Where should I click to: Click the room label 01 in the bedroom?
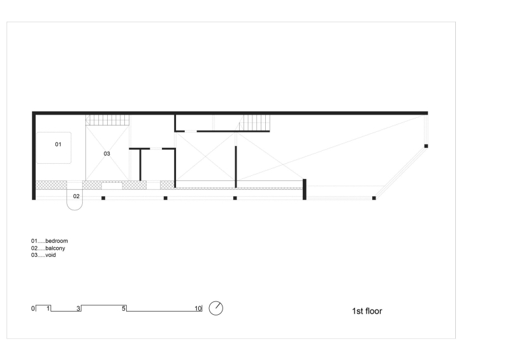click(x=57, y=145)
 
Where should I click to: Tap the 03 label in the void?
click(x=107, y=154)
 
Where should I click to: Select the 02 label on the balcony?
click(x=76, y=196)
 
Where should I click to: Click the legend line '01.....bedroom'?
click(x=49, y=241)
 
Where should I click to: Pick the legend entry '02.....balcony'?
click(x=48, y=247)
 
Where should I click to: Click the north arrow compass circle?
click(x=216, y=308)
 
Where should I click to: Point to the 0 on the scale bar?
click(x=33, y=308)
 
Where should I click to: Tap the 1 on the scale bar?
click(x=48, y=308)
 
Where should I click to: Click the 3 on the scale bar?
click(x=78, y=308)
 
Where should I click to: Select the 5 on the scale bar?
click(x=124, y=308)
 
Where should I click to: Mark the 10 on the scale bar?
click(x=198, y=308)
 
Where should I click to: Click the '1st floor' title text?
click(x=367, y=312)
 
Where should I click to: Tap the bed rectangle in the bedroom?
click(x=54, y=148)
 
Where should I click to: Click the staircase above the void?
click(x=107, y=119)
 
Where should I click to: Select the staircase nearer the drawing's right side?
click(x=255, y=121)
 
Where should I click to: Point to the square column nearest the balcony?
click(x=103, y=198)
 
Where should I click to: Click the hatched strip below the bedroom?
click(x=51, y=184)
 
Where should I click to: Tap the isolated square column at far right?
click(x=426, y=147)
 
